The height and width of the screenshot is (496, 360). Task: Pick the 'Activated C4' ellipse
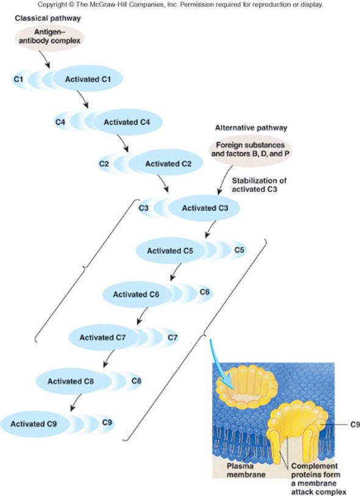click(126, 122)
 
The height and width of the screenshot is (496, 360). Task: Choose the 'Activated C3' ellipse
click(204, 209)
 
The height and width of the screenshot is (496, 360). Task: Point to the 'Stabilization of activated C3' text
click(259, 185)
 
